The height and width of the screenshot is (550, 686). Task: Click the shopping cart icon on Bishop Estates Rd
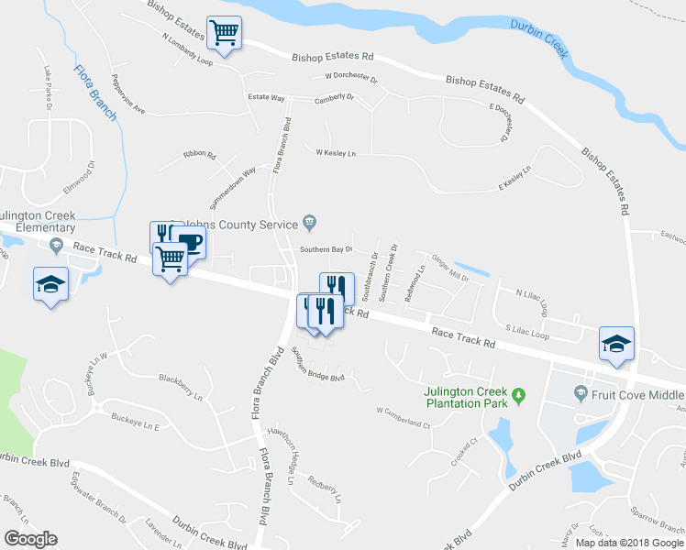point(225,34)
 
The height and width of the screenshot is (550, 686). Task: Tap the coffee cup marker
point(190,243)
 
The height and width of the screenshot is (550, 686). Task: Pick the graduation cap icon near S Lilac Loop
point(617,344)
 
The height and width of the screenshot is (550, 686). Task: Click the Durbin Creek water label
point(552,41)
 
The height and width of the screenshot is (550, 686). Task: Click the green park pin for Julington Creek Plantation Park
point(518,395)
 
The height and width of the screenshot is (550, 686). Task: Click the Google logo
point(30,539)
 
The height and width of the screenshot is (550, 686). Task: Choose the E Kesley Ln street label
point(514,178)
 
